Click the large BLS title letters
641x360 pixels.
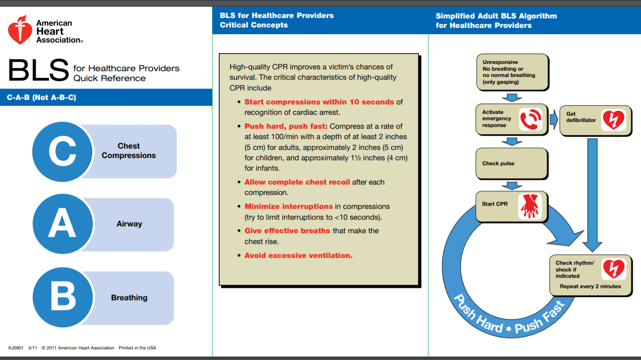click(39, 70)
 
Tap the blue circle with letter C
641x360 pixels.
click(62, 151)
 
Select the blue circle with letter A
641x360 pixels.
click(62, 224)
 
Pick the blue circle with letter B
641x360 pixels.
click(62, 297)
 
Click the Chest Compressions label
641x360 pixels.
click(129, 151)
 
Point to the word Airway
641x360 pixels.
click(129, 224)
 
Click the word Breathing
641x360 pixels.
click(129, 297)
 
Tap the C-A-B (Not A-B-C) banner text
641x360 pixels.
click(41, 97)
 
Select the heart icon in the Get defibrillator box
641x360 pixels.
click(613, 120)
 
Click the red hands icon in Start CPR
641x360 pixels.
click(529, 207)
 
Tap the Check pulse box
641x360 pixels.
click(512, 163)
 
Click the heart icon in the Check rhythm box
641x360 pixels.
click(614, 269)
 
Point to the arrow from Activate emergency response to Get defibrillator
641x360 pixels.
click(554, 119)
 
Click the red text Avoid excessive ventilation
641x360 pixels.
click(298, 255)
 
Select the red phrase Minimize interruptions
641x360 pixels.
click(289, 207)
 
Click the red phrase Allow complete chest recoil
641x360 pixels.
click(297, 182)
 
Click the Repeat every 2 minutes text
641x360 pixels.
click(590, 286)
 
